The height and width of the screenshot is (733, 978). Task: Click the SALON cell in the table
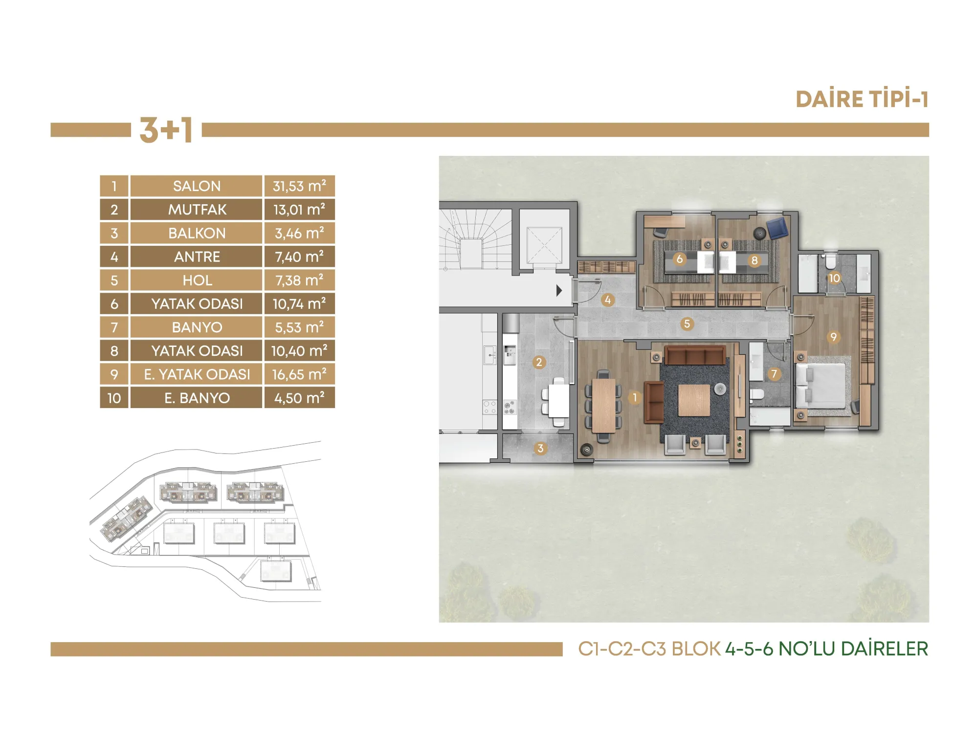(x=197, y=186)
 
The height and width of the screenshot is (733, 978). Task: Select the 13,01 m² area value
(x=299, y=210)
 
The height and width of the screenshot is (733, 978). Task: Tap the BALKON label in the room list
(x=197, y=233)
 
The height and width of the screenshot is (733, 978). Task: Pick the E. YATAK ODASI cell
(x=197, y=374)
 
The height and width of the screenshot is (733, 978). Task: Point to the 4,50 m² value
(x=299, y=398)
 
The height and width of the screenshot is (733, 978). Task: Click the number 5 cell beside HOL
(x=114, y=280)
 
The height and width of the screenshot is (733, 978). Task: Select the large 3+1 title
(x=166, y=130)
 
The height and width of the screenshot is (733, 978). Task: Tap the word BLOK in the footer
(x=696, y=649)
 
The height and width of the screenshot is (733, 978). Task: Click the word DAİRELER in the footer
(x=885, y=649)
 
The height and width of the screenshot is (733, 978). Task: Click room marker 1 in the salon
(x=635, y=398)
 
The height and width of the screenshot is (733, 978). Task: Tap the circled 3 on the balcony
(x=540, y=448)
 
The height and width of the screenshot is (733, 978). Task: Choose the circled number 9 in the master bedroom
(x=834, y=337)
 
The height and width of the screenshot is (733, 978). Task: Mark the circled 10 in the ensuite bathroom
(x=834, y=278)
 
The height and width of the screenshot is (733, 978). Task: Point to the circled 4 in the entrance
(x=608, y=300)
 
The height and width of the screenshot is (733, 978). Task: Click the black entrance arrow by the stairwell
(x=559, y=291)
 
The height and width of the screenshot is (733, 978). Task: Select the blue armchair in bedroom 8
(x=777, y=228)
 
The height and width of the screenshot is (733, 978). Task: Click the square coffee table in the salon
(x=694, y=400)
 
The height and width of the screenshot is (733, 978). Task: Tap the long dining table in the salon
(x=604, y=406)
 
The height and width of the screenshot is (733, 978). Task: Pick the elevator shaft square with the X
(x=544, y=245)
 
